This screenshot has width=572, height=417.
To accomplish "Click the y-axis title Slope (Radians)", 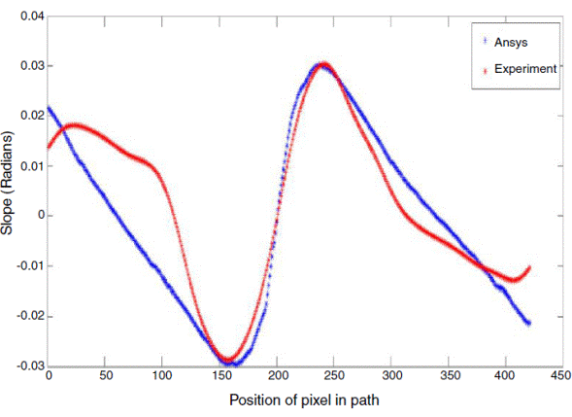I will tap(10, 191).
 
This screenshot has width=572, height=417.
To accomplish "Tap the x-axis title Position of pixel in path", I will tap(301, 400).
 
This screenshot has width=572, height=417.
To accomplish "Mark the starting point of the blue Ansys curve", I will tap(49, 108).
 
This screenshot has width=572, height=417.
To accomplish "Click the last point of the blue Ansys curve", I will tap(529, 323).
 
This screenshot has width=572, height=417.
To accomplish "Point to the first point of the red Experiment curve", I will tap(49, 147).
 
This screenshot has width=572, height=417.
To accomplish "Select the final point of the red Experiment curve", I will tap(529, 267).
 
